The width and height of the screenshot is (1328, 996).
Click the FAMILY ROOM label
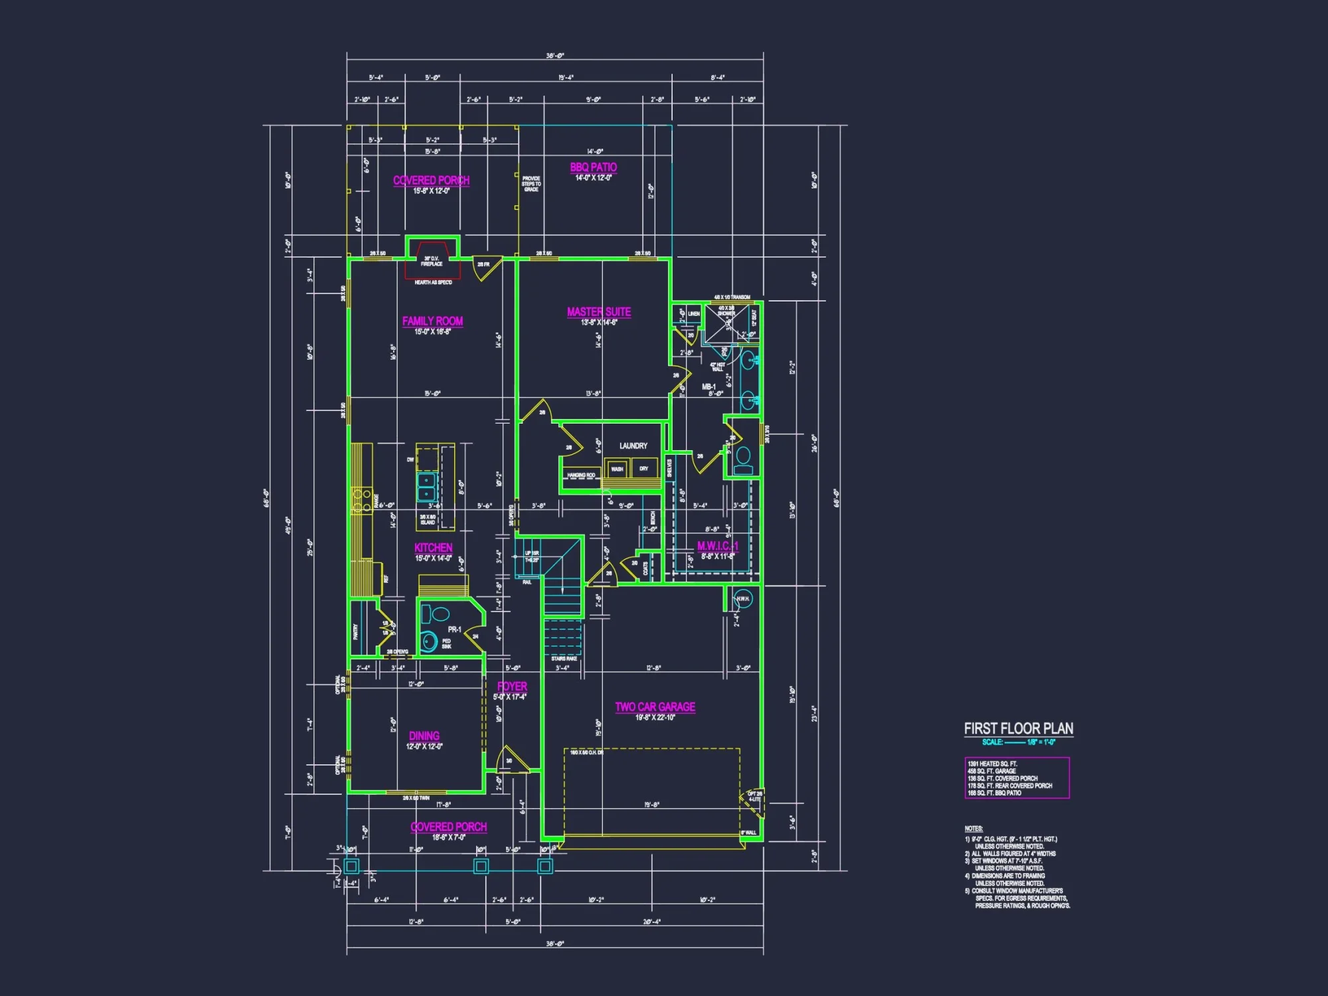click(x=432, y=321)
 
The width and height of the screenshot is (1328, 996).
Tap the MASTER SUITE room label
click(x=598, y=312)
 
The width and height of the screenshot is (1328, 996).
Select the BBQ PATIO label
click(x=593, y=167)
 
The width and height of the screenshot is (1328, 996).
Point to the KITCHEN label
click(x=433, y=548)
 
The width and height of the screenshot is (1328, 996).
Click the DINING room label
click(x=424, y=736)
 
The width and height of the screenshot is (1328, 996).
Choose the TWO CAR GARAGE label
click(x=655, y=707)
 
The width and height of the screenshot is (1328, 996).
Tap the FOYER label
click(x=512, y=687)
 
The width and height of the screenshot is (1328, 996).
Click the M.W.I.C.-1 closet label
click(x=717, y=546)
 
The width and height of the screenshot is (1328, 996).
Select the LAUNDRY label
click(x=633, y=446)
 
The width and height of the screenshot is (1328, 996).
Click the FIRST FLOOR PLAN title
click(x=1018, y=728)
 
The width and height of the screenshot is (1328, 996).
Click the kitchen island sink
click(x=426, y=487)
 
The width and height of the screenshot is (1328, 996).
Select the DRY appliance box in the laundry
click(x=644, y=469)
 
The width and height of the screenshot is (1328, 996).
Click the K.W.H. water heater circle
click(x=743, y=598)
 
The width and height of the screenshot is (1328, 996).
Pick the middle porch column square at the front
click(x=481, y=866)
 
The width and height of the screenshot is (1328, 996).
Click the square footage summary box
click(x=1017, y=778)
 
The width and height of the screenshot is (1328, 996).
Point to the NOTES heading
click(x=973, y=829)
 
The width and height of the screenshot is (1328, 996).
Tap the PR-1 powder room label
click(x=454, y=629)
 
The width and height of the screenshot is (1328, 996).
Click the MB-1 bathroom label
click(x=708, y=386)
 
